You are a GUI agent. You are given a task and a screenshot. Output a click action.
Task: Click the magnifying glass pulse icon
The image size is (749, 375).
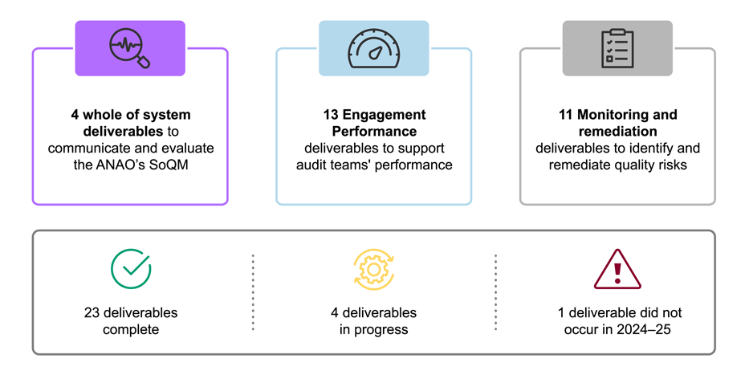pyautogui.click(x=130, y=49)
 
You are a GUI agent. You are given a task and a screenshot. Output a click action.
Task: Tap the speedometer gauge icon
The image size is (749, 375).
pyautogui.click(x=373, y=49)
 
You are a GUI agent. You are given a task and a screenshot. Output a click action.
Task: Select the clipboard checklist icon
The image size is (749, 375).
pyautogui.click(x=617, y=48)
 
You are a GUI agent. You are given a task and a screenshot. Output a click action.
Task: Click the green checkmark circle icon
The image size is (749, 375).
pyautogui.click(x=130, y=268)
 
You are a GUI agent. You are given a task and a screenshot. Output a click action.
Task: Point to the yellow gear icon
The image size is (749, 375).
pyautogui.click(x=373, y=269)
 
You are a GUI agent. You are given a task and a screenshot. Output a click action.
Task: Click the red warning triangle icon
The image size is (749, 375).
pyautogui.click(x=617, y=269)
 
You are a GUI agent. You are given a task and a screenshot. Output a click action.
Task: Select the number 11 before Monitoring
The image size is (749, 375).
pyautogui.click(x=565, y=115)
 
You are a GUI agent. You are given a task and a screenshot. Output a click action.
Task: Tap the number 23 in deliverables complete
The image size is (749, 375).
pyautogui.click(x=92, y=312)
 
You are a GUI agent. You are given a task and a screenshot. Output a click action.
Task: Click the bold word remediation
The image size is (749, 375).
pyautogui.click(x=617, y=131)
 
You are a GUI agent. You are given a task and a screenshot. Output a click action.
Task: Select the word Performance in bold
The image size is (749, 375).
pyautogui.click(x=373, y=131)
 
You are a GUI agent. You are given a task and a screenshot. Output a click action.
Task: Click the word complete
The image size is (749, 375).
pyautogui.click(x=130, y=329)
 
